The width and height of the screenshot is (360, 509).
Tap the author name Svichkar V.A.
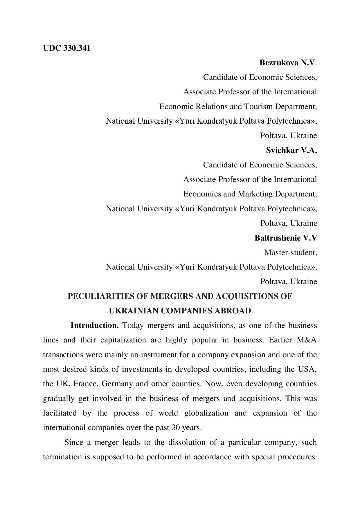291,150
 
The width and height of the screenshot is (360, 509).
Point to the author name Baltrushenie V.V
286,238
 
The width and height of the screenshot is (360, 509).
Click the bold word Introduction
95,325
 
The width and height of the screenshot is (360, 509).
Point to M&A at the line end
307,340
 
